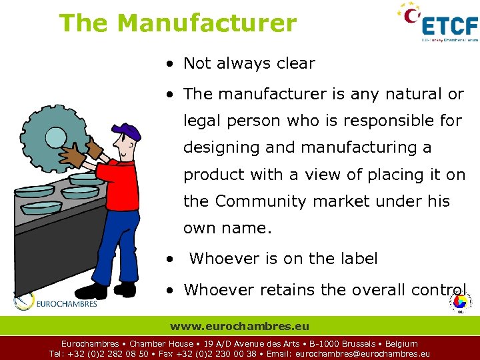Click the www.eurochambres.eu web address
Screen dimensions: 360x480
(x=239, y=326)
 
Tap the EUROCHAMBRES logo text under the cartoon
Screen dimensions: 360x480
(x=67, y=304)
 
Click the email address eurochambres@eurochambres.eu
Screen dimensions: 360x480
(x=362, y=354)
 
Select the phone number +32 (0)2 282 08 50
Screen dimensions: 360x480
(x=109, y=354)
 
